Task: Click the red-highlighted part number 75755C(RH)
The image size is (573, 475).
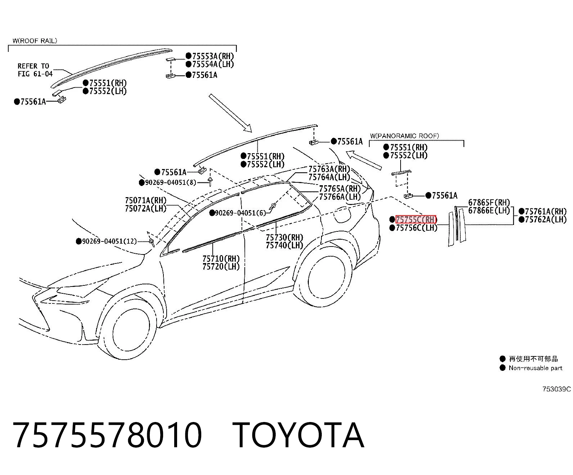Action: pyautogui.click(x=416, y=219)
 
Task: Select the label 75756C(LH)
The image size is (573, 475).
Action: pyautogui.click(x=416, y=228)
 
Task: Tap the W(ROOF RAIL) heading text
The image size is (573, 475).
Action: pyautogui.click(x=35, y=41)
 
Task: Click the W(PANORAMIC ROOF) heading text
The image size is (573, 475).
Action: pyautogui.click(x=405, y=136)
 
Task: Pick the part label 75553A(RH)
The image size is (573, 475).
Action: pyautogui.click(x=213, y=56)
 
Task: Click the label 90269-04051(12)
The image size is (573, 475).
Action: pyautogui.click(x=109, y=241)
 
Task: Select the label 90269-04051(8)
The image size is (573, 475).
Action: pyautogui.click(x=170, y=182)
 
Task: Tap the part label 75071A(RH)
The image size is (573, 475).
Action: pyautogui.click(x=146, y=200)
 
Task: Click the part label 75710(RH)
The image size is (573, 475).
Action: pyautogui.click(x=221, y=259)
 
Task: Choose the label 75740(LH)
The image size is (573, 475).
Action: pyautogui.click(x=284, y=245)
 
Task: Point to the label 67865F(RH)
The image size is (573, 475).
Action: pyautogui.click(x=489, y=203)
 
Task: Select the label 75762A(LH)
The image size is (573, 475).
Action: pyautogui.click(x=546, y=219)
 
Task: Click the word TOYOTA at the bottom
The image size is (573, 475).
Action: pyautogui.click(x=298, y=435)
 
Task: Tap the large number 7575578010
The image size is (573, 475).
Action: pyautogui.click(x=107, y=435)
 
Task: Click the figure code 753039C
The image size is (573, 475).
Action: pyautogui.click(x=556, y=389)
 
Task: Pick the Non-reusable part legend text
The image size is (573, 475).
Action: pyautogui.click(x=536, y=368)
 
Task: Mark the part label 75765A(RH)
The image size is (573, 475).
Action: pyautogui.click(x=340, y=189)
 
